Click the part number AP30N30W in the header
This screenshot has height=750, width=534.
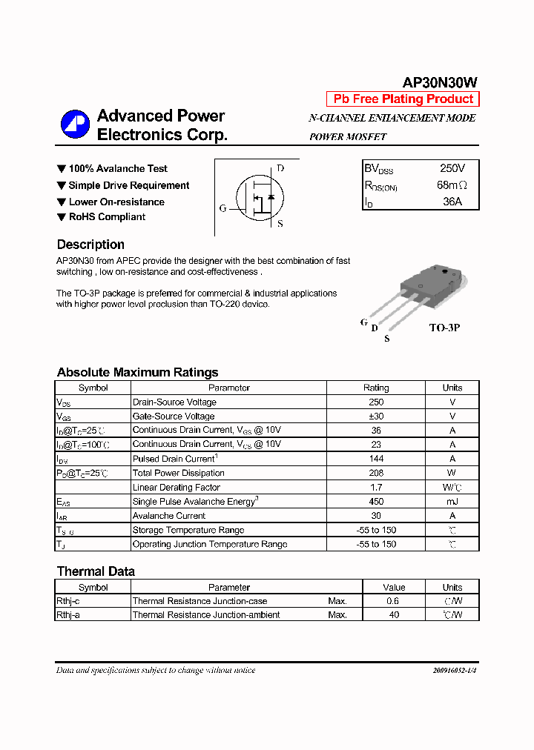tap(440, 83)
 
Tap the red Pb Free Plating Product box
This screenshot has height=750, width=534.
tap(403, 99)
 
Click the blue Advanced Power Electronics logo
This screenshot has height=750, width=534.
tap(75, 124)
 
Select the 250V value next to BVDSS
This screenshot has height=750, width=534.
tap(452, 169)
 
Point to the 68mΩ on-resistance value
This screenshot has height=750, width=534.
tap(452, 185)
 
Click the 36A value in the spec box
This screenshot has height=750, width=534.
tap(452, 201)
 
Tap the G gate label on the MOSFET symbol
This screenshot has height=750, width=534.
tap(222, 208)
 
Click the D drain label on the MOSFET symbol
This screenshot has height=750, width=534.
tap(280, 168)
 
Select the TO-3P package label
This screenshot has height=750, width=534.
tap(444, 327)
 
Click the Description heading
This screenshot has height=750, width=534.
tap(90, 245)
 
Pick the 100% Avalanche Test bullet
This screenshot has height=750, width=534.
tap(118, 169)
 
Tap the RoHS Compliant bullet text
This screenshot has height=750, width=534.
tap(107, 217)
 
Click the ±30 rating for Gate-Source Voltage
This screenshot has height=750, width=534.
tap(375, 417)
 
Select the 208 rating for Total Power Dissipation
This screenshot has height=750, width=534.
tap(375, 473)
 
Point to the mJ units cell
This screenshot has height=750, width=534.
tap(452, 502)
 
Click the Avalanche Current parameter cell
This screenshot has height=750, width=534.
tap(169, 516)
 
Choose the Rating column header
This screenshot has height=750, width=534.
tap(375, 388)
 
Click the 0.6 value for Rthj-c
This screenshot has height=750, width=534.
tap(392, 601)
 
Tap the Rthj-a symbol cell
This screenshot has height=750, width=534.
tap(68, 615)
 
